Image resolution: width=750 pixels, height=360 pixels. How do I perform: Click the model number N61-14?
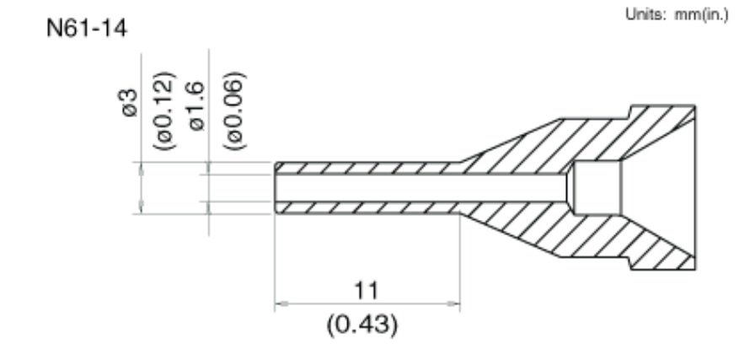[87, 29]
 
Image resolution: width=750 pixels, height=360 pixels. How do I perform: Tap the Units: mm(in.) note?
[677, 15]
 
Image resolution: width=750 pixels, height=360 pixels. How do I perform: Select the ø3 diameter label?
[130, 103]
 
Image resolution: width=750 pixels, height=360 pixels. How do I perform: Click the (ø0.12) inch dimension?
[165, 110]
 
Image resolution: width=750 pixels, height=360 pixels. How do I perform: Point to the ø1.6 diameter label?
[196, 105]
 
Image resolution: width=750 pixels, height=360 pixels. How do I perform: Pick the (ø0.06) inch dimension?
[235, 110]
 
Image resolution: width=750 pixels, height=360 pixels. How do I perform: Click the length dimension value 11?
[366, 290]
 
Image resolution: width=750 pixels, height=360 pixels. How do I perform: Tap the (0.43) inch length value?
[362, 325]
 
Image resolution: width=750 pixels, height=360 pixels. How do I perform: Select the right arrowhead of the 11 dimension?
[453, 304]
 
